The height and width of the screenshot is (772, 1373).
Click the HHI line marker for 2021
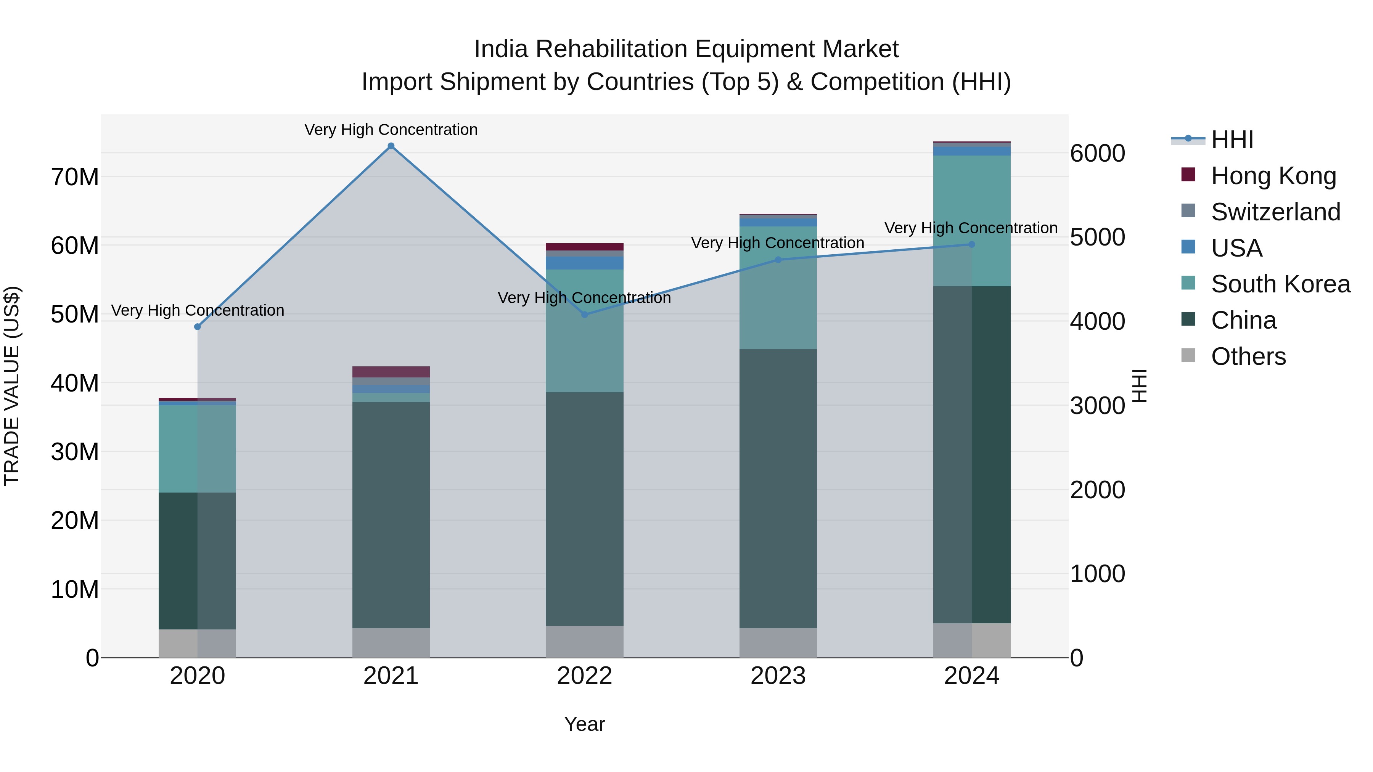(391, 146)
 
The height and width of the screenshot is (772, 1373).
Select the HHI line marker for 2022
(584, 315)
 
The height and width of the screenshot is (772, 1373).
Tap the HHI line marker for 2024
(971, 244)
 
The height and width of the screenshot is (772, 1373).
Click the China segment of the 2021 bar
(391, 514)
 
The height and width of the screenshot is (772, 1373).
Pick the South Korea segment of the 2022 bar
(584, 330)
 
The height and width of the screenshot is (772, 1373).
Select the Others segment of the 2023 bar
(778, 642)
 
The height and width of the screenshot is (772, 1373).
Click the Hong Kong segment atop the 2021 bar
(391, 372)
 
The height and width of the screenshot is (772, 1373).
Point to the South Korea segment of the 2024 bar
(971, 221)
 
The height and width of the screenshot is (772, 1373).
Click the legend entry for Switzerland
(1275, 212)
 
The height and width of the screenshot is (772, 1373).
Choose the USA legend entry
(1236, 248)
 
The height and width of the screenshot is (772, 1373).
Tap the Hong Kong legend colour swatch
(1188, 175)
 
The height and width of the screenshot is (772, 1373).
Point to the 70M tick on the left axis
(75, 177)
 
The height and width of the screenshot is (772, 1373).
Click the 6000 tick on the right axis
(1097, 153)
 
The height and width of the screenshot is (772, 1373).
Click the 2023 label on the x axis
(778, 676)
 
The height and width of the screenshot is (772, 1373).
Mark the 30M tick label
(75, 452)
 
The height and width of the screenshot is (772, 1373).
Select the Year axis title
(584, 724)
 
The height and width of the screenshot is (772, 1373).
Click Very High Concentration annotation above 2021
(391, 130)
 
